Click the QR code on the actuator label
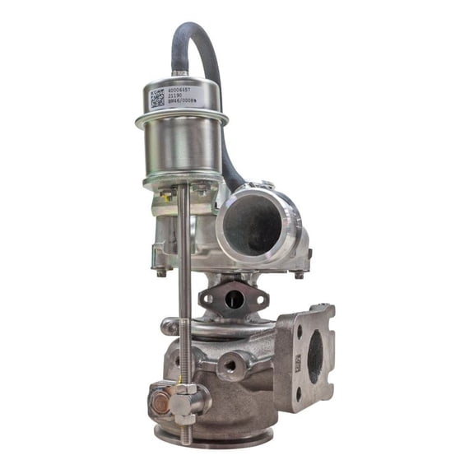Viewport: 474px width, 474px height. point(157,99)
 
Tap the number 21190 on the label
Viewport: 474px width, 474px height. point(174,97)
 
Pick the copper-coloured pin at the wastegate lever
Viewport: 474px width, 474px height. point(160,404)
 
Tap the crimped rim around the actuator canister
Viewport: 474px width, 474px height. point(182,120)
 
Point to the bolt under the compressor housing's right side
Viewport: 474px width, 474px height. point(299,274)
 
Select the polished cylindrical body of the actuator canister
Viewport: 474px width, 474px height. point(182,148)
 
